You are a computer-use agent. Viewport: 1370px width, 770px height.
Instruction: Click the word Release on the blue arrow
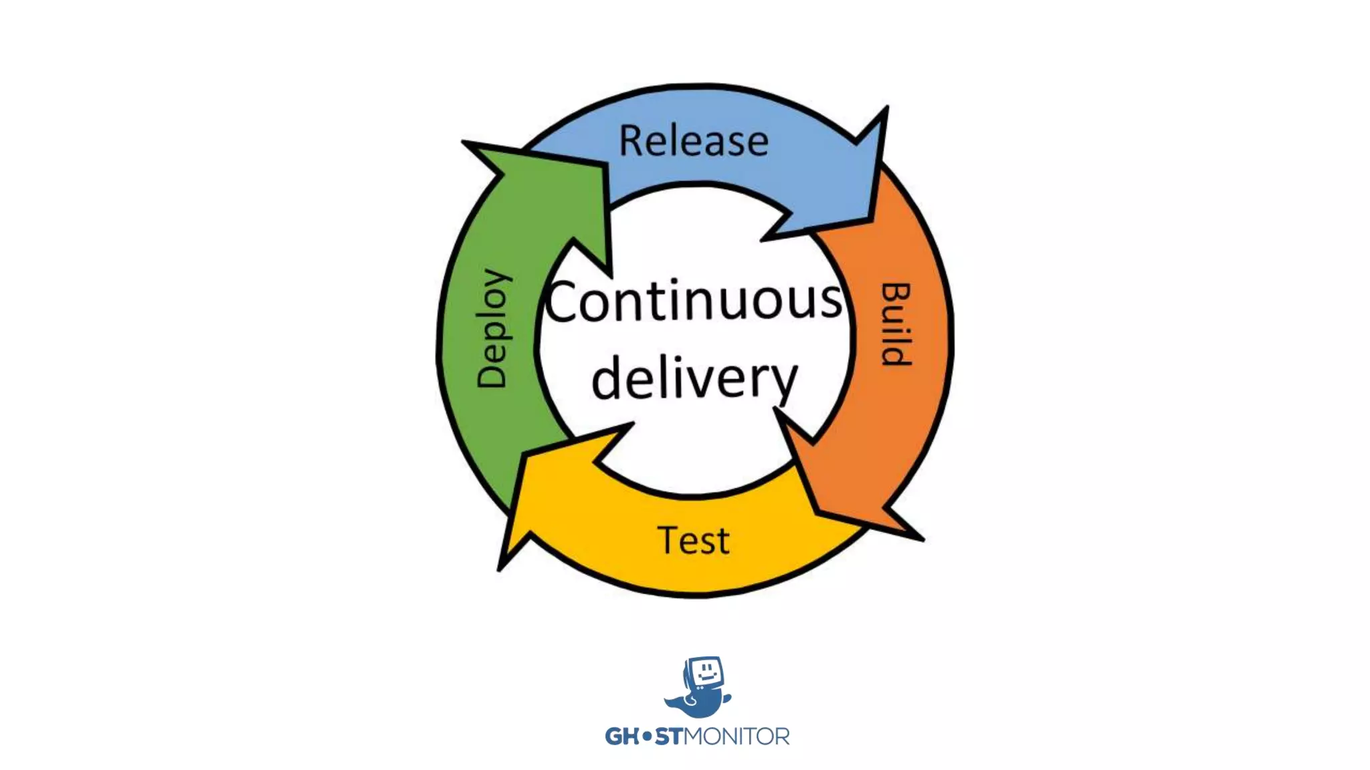pos(694,141)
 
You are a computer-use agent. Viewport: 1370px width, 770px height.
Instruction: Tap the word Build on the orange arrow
pos(895,325)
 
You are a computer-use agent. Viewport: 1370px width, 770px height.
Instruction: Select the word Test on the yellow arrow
pos(693,540)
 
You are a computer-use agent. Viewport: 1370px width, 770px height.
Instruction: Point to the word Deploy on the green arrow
pos(492,328)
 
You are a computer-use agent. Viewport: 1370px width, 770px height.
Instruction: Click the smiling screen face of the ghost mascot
pos(705,672)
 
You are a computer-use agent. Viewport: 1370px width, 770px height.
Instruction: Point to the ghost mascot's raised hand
pos(726,698)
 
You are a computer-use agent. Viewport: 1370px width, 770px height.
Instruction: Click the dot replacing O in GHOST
pos(646,737)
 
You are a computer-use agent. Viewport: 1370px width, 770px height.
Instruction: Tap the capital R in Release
pos(631,141)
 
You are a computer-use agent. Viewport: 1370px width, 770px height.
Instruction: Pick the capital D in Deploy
pos(492,375)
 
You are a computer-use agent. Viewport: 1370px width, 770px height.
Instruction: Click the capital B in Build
pos(895,294)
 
